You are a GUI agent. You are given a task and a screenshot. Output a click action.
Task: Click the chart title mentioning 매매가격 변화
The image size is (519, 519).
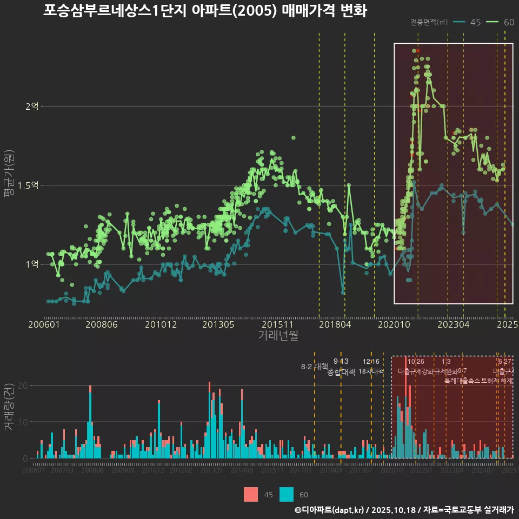pyautogui.click(x=205, y=11)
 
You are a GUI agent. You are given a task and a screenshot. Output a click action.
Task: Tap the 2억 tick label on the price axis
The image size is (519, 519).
pyautogui.click(x=32, y=107)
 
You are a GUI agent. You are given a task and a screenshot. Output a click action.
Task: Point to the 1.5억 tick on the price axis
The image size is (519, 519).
pyautogui.click(x=29, y=185)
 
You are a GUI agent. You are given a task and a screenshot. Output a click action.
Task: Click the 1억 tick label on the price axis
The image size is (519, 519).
pyautogui.click(x=32, y=264)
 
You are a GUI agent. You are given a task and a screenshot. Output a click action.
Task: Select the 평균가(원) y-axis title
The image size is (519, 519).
pyautogui.click(x=9, y=185)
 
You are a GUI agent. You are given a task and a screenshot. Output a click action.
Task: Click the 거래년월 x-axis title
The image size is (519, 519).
pyautogui.click(x=278, y=336)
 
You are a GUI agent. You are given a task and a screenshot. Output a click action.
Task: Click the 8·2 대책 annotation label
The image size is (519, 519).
pyautogui.click(x=314, y=367)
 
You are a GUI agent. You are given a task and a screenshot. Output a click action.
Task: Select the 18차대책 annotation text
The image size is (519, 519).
pyautogui.click(x=371, y=371)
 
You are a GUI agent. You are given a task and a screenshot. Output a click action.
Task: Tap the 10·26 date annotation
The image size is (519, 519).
pyautogui.click(x=416, y=362)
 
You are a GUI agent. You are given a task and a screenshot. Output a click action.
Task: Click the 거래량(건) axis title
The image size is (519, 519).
pyautogui.click(x=9, y=407)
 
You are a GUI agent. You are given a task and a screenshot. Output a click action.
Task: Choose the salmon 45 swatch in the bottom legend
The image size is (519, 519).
pyautogui.click(x=251, y=494)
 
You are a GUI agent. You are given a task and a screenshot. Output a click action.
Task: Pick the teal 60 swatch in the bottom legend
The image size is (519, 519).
pyautogui.click(x=287, y=494)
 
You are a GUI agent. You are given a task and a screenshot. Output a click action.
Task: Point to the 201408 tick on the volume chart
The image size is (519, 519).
pyautogui.click(x=242, y=470)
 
